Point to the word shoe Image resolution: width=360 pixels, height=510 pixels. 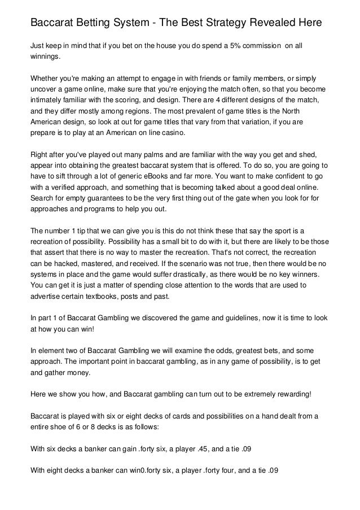[58, 426]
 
